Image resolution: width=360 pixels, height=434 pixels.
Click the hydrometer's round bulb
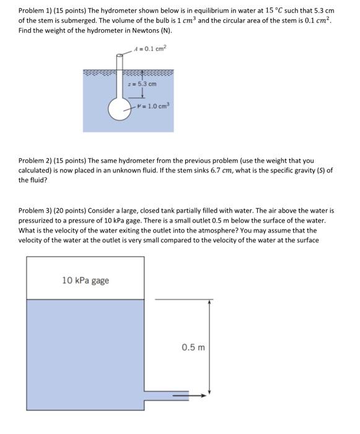tap(120, 108)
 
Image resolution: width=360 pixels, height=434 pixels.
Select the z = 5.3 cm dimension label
tap(142, 84)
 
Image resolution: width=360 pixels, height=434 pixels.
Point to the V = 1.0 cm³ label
tap(156, 105)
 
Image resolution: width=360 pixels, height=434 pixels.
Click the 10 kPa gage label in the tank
tap(86, 280)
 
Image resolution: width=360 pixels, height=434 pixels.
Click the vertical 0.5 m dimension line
tap(210, 347)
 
